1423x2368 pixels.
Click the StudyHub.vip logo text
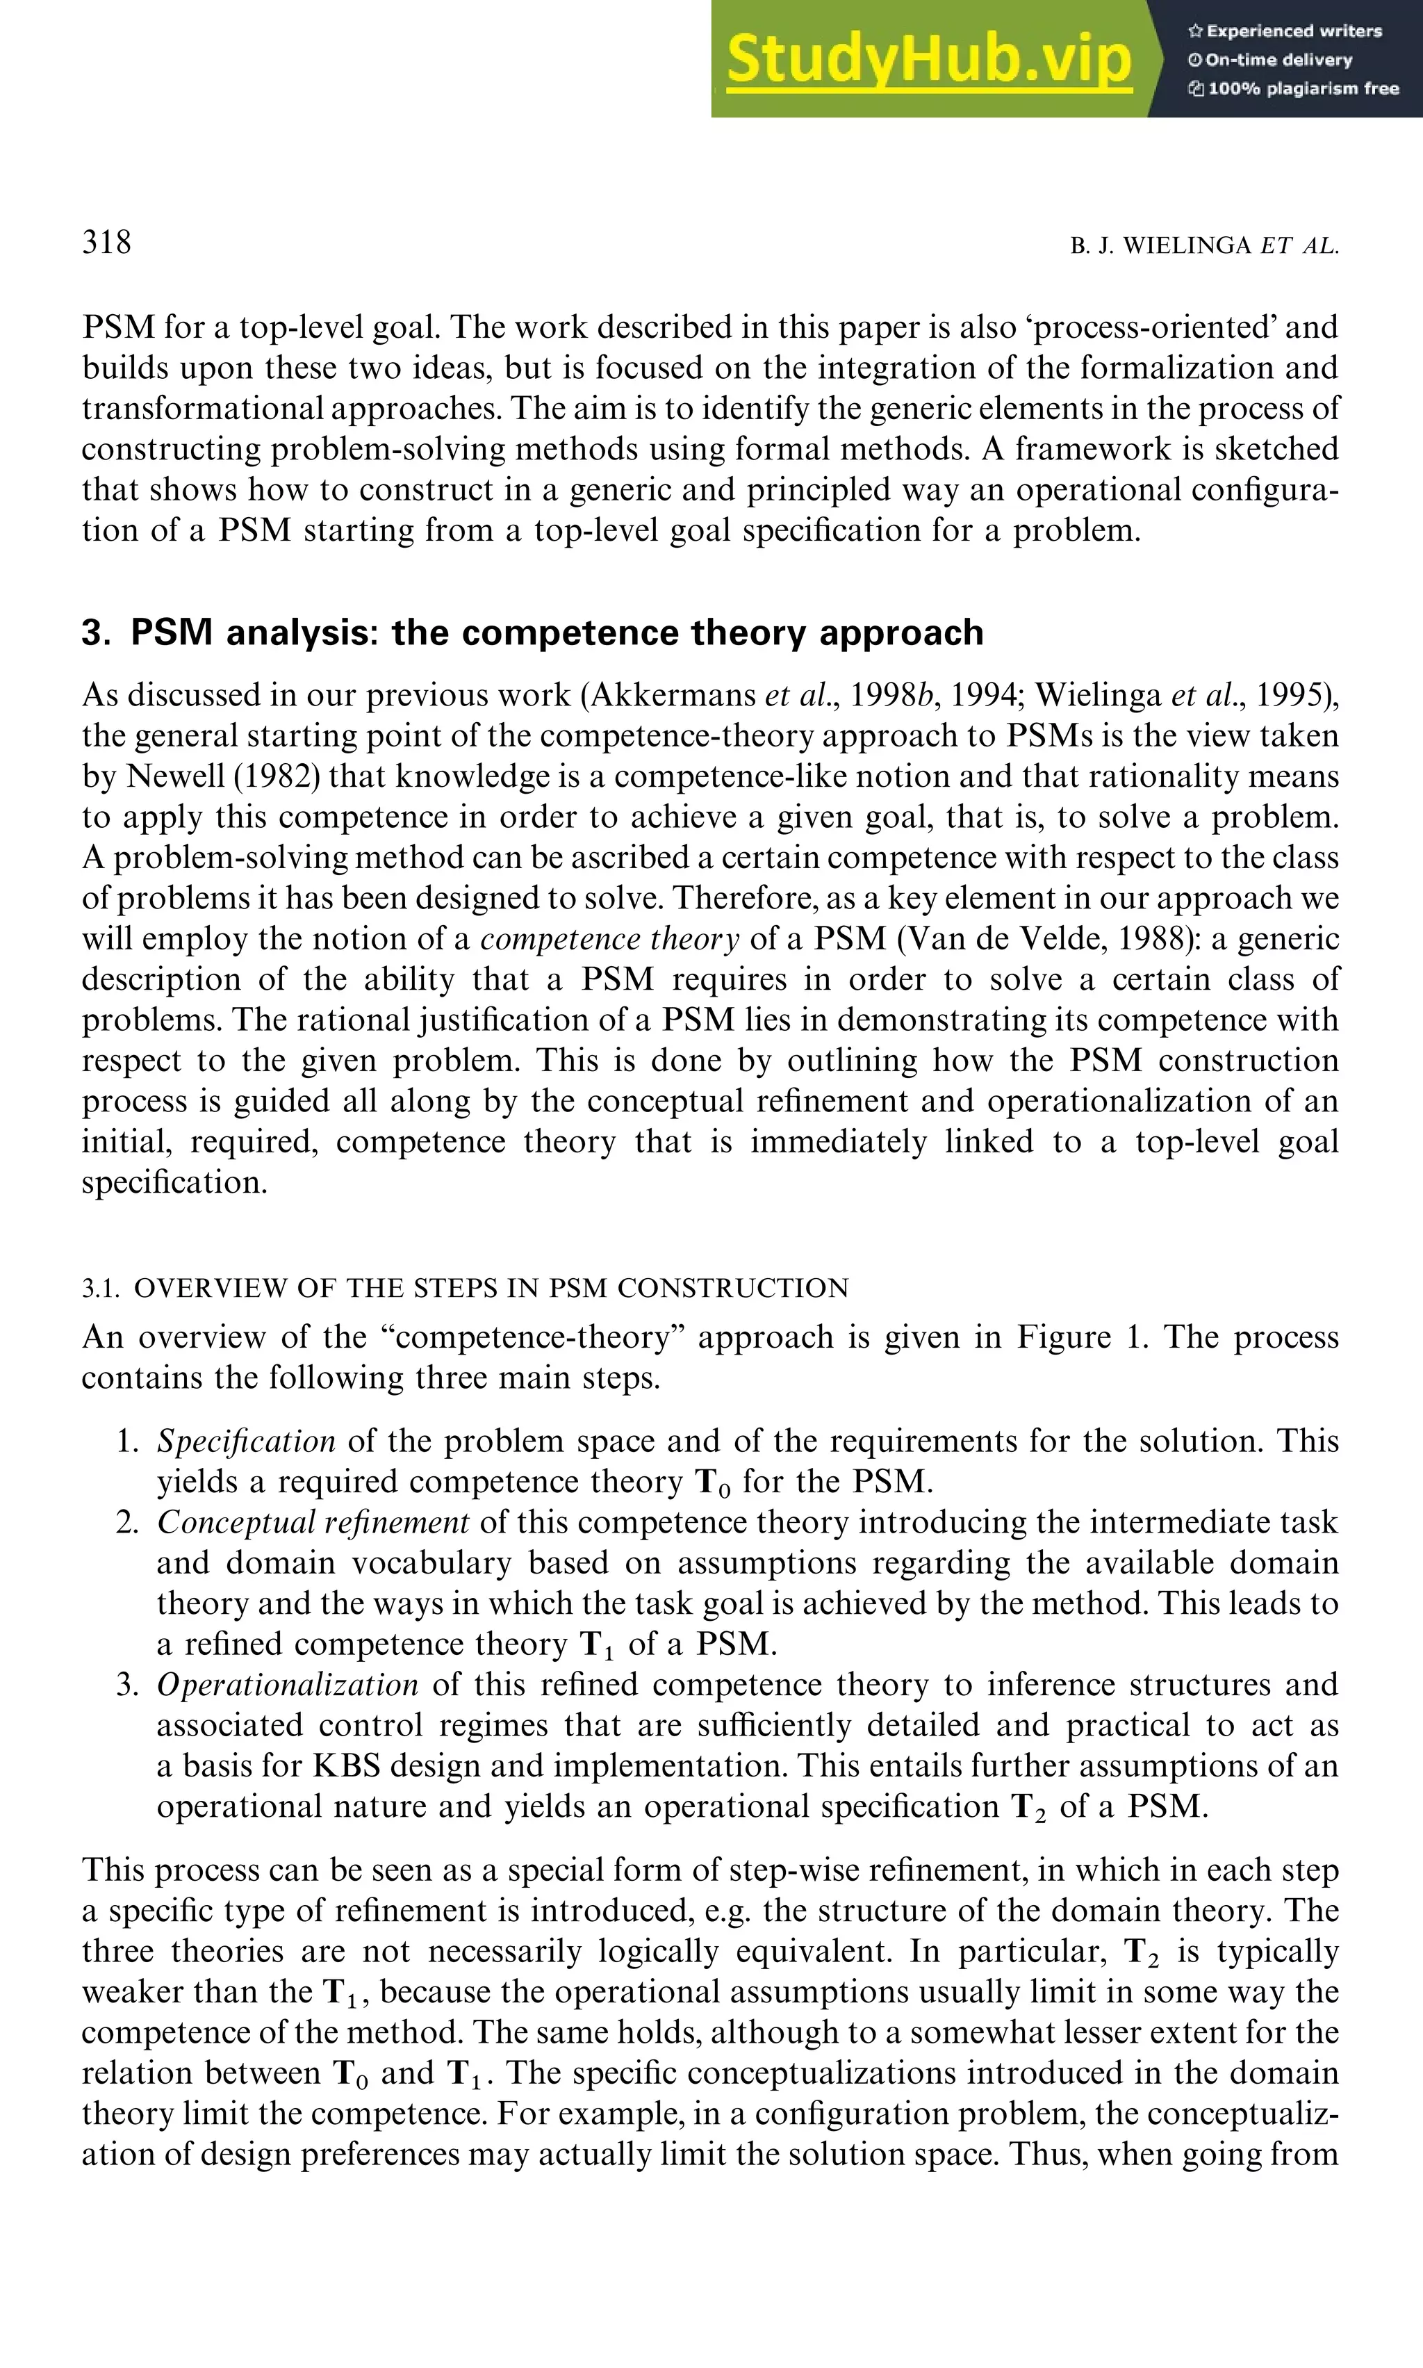(x=928, y=60)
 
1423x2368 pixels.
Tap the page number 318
(x=106, y=242)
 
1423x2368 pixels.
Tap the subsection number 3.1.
(x=101, y=1288)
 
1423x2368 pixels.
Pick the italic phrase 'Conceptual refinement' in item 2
(x=313, y=1522)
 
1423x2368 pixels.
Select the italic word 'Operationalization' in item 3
(x=288, y=1684)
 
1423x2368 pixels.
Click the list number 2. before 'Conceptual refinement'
(x=129, y=1522)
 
